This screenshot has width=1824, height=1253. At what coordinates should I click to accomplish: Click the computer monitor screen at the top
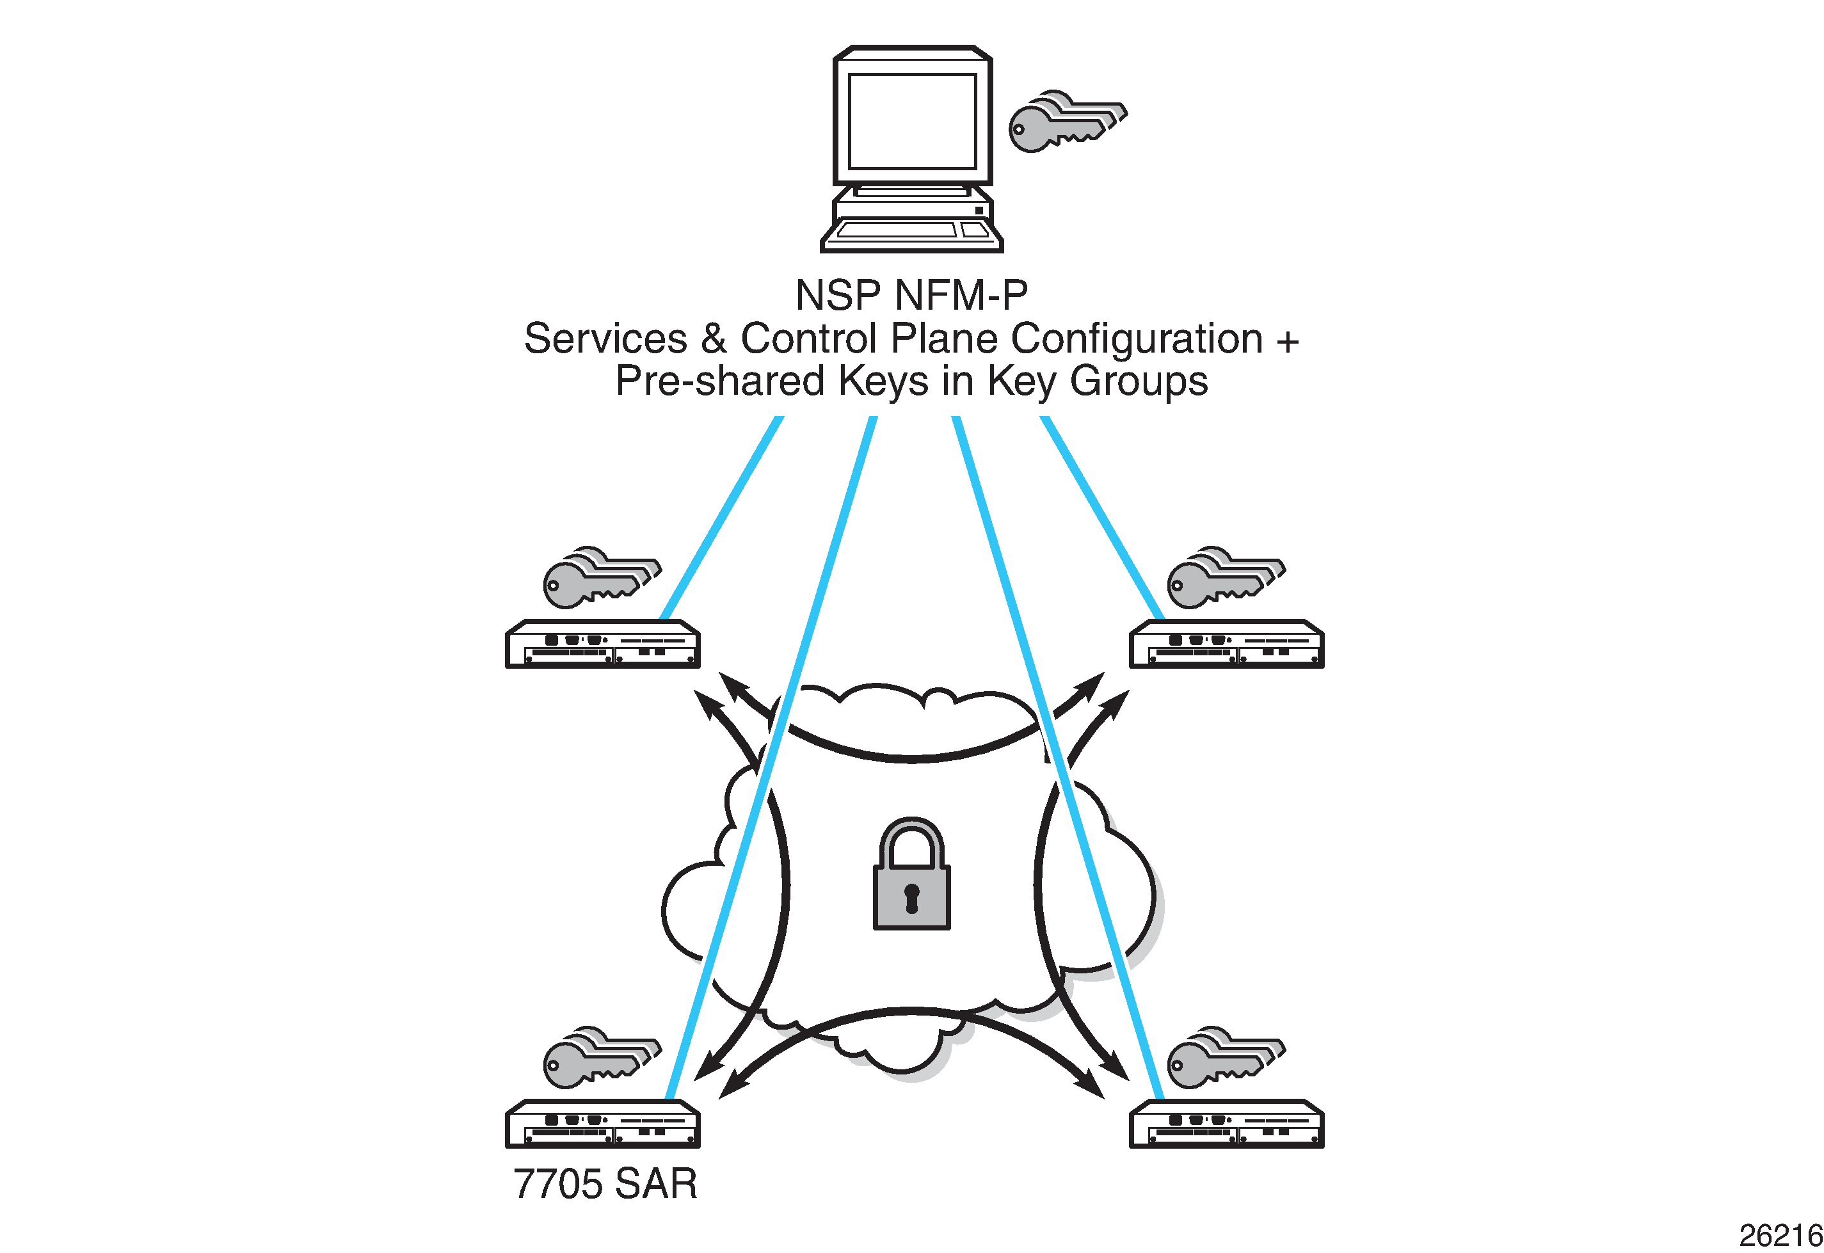point(911,121)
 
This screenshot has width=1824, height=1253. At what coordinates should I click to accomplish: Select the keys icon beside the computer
point(1066,122)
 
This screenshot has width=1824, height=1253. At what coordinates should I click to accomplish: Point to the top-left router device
point(602,644)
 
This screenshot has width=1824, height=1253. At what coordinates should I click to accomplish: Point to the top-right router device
point(1226,644)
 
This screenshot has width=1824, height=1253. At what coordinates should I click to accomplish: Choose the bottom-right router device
point(1226,1124)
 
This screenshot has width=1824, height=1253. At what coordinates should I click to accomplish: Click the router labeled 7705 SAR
point(602,1124)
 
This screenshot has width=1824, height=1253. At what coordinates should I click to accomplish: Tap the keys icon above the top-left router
point(602,578)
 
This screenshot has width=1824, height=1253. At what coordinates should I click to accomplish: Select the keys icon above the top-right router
point(1226,578)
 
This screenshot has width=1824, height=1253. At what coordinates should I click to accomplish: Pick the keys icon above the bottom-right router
point(1226,1058)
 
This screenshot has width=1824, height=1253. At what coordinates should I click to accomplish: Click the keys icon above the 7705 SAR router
point(602,1058)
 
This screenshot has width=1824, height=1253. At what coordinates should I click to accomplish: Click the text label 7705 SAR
point(605,1184)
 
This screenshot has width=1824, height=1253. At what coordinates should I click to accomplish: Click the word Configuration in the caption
point(1136,339)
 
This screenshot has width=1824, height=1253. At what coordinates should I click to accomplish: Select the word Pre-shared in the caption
point(719,381)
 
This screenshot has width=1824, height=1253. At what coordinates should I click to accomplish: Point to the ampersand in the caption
point(713,339)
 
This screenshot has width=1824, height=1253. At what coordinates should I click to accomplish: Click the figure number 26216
point(1779,1236)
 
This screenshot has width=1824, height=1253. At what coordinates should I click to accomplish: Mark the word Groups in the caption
point(1139,381)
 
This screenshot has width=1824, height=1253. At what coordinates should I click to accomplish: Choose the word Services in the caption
point(605,339)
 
